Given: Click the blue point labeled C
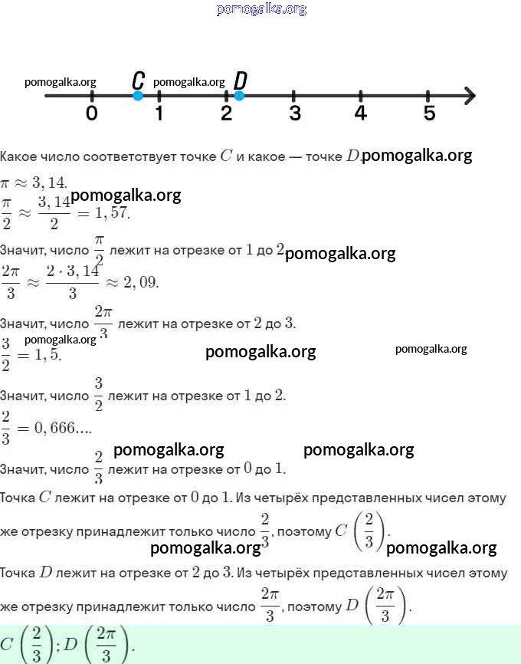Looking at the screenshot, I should [x=138, y=96].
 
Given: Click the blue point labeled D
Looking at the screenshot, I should [x=239, y=96].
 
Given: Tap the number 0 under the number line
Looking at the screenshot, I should [x=92, y=113].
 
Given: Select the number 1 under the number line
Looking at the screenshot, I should [x=159, y=113].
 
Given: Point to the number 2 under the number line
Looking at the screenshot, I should [x=226, y=113].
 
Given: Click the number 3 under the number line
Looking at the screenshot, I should [x=294, y=113].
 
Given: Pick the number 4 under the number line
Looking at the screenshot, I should [x=361, y=113].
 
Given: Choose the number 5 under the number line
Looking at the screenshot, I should [x=428, y=113].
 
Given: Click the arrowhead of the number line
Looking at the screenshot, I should [x=469, y=96].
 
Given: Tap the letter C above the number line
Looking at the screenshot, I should [x=138, y=80].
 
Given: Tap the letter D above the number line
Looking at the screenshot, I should [x=240, y=80].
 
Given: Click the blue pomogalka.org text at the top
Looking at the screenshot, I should [x=261, y=9].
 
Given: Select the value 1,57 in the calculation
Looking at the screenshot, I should [x=113, y=212].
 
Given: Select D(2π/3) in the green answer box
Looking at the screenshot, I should [x=97, y=644].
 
